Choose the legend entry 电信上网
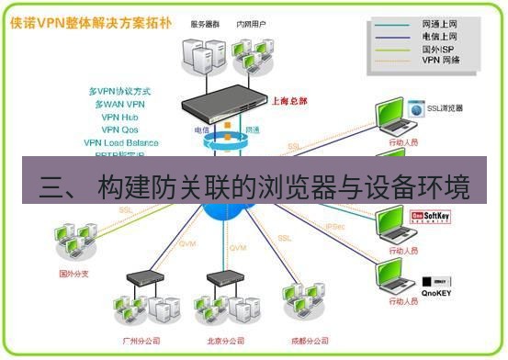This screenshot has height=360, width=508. point(440,38)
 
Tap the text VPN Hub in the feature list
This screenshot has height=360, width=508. point(119,117)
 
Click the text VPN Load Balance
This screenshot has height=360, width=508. point(120,142)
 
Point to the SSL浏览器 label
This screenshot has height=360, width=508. point(445,107)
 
